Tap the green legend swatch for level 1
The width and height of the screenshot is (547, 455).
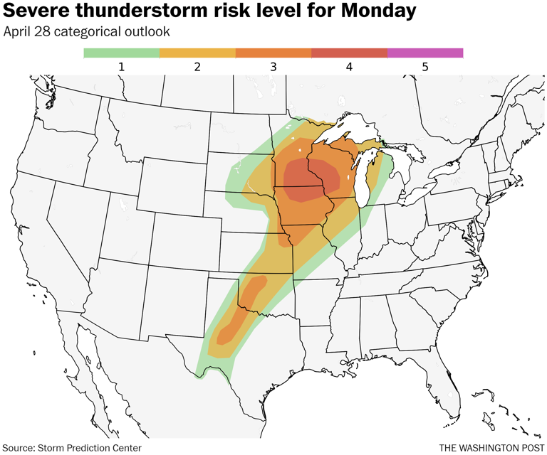tap(121, 53)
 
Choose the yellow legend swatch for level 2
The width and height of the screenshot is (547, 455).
tap(197, 53)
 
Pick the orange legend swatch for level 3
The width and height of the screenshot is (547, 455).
tap(273, 53)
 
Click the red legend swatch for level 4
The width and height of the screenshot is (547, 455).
tap(350, 53)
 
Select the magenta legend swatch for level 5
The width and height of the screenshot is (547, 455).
tap(425, 53)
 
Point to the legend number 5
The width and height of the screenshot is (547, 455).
tap(425, 66)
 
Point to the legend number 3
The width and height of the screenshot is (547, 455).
tap(273, 66)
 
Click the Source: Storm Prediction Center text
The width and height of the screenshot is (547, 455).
tap(73, 447)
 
